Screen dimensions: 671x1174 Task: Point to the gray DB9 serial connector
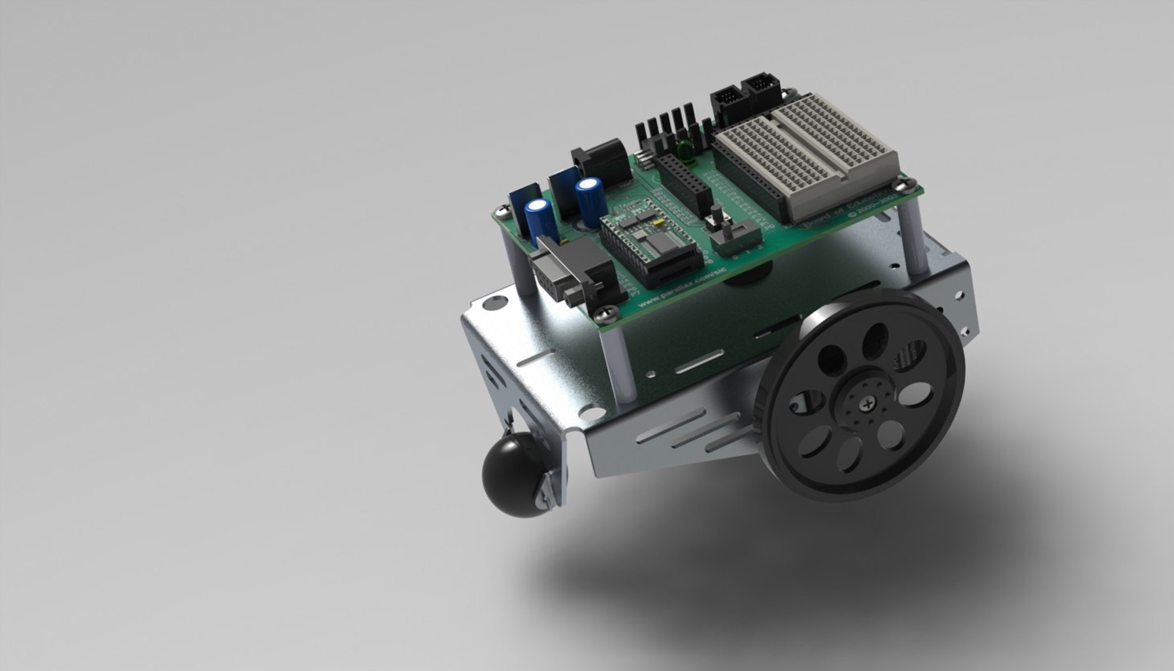click(559, 269)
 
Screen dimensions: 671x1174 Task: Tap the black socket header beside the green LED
click(684, 181)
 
